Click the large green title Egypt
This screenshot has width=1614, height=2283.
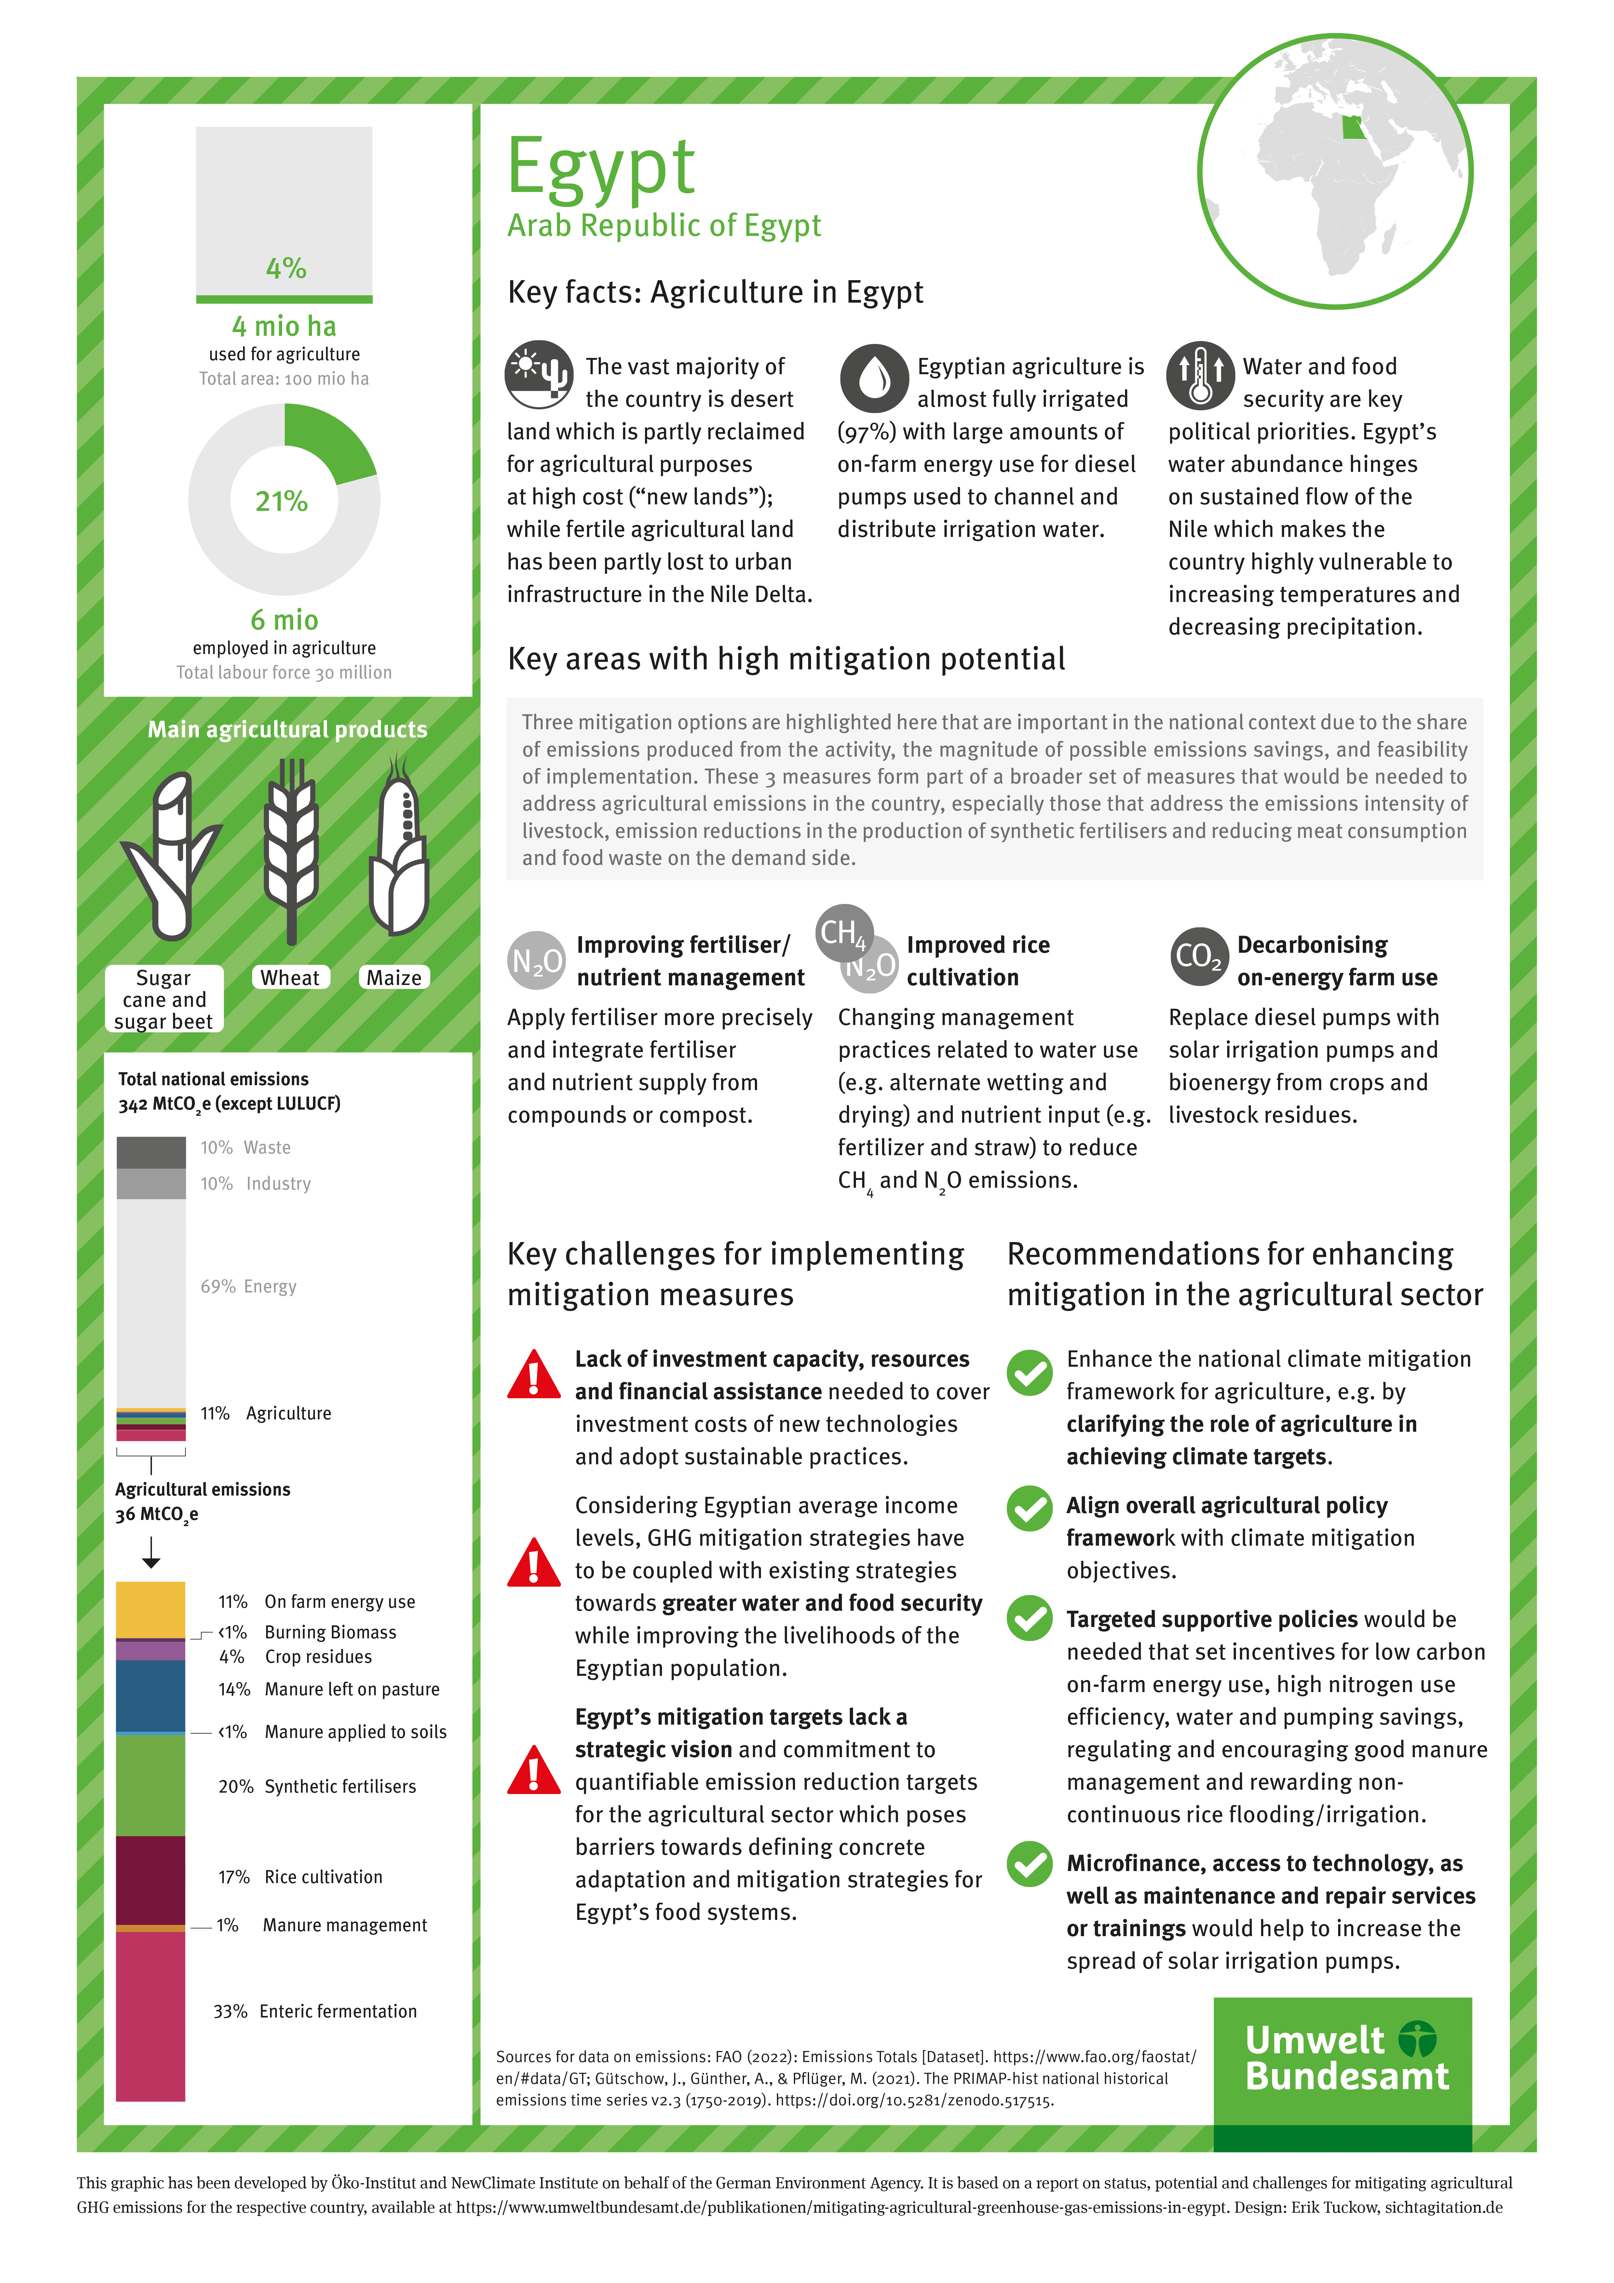pyautogui.click(x=601, y=167)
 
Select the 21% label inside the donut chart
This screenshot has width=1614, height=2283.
pyautogui.click(x=281, y=501)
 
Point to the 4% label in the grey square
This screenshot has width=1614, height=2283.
pyautogui.click(x=285, y=268)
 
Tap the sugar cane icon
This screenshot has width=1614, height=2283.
pyautogui.click(x=171, y=855)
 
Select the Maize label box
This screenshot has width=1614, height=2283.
pyautogui.click(x=394, y=977)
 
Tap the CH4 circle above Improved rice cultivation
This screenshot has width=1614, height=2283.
pyautogui.click(x=843, y=933)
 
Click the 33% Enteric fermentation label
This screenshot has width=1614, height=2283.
pyautogui.click(x=315, y=2012)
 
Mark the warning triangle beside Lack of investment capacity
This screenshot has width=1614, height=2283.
pyautogui.click(x=534, y=1375)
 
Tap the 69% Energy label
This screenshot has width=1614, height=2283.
pyautogui.click(x=249, y=1287)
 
